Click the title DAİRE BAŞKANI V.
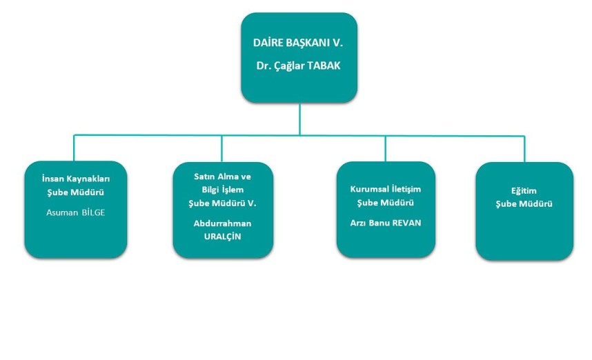coord(298,43)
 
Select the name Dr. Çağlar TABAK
coord(298,66)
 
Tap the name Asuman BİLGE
coord(75,212)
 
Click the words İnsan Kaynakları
coord(76,179)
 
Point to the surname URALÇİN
coord(222,237)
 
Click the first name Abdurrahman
coord(222,223)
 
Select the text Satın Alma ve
coord(222,177)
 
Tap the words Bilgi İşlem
coord(222,190)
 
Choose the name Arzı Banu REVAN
coord(386,223)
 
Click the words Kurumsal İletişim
coord(386,189)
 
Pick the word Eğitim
coord(524,191)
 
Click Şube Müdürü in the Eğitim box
coord(524,204)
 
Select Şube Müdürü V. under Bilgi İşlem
coord(222,203)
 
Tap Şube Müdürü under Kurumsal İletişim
coord(386,203)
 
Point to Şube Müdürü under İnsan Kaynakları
coord(75,192)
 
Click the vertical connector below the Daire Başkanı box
coord(299,119)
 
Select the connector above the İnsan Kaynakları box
coord(74,148)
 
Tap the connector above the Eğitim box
coord(524,149)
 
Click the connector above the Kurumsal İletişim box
coord(386,149)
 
